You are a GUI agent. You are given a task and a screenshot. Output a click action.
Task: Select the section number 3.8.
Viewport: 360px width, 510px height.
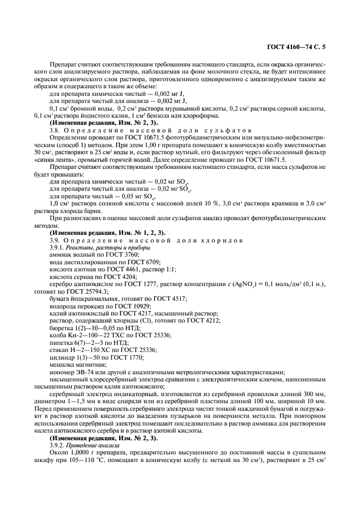click(56, 131)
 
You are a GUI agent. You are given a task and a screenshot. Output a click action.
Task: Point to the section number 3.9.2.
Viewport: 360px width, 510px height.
click(58, 445)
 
